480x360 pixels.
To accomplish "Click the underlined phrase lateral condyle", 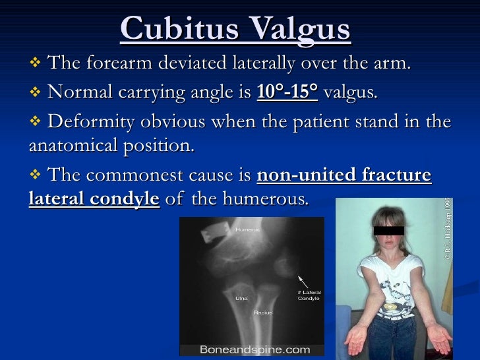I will click(x=94, y=198).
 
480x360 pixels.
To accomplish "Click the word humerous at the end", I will click(x=268, y=198).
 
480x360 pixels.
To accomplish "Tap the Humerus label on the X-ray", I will click(x=248, y=229).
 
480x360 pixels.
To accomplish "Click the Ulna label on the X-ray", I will click(x=241, y=298).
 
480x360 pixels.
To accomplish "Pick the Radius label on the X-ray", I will click(x=263, y=312).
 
